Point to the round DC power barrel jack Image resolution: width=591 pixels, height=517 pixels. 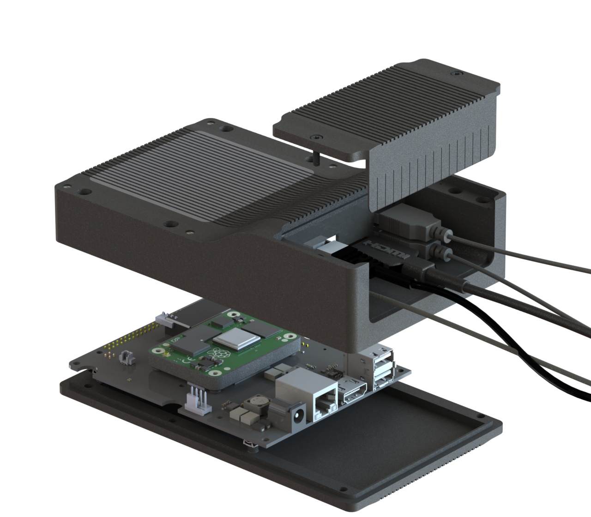tap(296, 413)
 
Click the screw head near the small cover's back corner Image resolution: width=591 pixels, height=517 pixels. tap(457, 73)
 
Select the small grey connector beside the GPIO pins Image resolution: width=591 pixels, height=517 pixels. tap(126, 357)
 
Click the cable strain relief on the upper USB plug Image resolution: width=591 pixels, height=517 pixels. tap(446, 235)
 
